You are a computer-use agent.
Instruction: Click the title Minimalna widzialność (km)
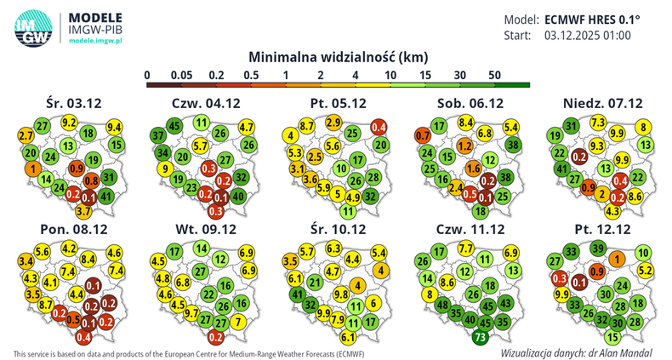click(x=337, y=56)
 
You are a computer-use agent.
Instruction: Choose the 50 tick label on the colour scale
click(x=493, y=75)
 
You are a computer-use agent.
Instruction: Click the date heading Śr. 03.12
click(x=74, y=103)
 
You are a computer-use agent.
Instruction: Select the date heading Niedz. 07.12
click(x=602, y=103)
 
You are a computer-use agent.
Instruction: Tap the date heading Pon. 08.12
click(x=74, y=230)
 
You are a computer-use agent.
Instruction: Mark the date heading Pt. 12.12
click(x=602, y=230)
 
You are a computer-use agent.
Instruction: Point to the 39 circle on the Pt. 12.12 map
click(x=599, y=249)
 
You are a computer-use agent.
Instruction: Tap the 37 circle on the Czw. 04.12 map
click(x=158, y=135)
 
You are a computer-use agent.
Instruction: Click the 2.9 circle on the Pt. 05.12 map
click(x=334, y=123)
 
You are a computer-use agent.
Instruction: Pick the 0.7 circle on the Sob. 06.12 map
click(x=422, y=135)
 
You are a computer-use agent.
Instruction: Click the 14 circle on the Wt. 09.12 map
click(x=202, y=249)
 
